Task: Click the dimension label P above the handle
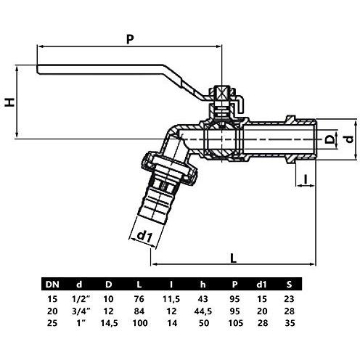pyautogui.click(x=130, y=39)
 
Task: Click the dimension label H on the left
pyautogui.click(x=10, y=102)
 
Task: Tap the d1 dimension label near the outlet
pyautogui.click(x=144, y=237)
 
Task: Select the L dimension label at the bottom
pyautogui.click(x=233, y=258)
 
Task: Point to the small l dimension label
pyautogui.click(x=306, y=179)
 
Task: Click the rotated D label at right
pyautogui.click(x=330, y=139)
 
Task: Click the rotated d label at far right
pyautogui.click(x=349, y=139)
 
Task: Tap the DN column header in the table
pyautogui.click(x=52, y=285)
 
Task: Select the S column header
pyautogui.click(x=289, y=285)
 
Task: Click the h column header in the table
pyautogui.click(x=202, y=285)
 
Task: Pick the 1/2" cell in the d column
pyautogui.click(x=81, y=299)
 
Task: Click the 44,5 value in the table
pyautogui.click(x=203, y=311)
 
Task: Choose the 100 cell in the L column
pyautogui.click(x=140, y=323)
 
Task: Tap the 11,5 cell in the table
pyautogui.click(x=171, y=299)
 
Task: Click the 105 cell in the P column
pyautogui.click(x=236, y=323)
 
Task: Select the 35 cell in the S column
pyautogui.click(x=290, y=323)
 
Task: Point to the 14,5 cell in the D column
pyautogui.click(x=110, y=324)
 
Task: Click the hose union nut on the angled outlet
pyautogui.click(x=169, y=168)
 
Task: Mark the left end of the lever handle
pyautogui.click(x=37, y=69)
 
